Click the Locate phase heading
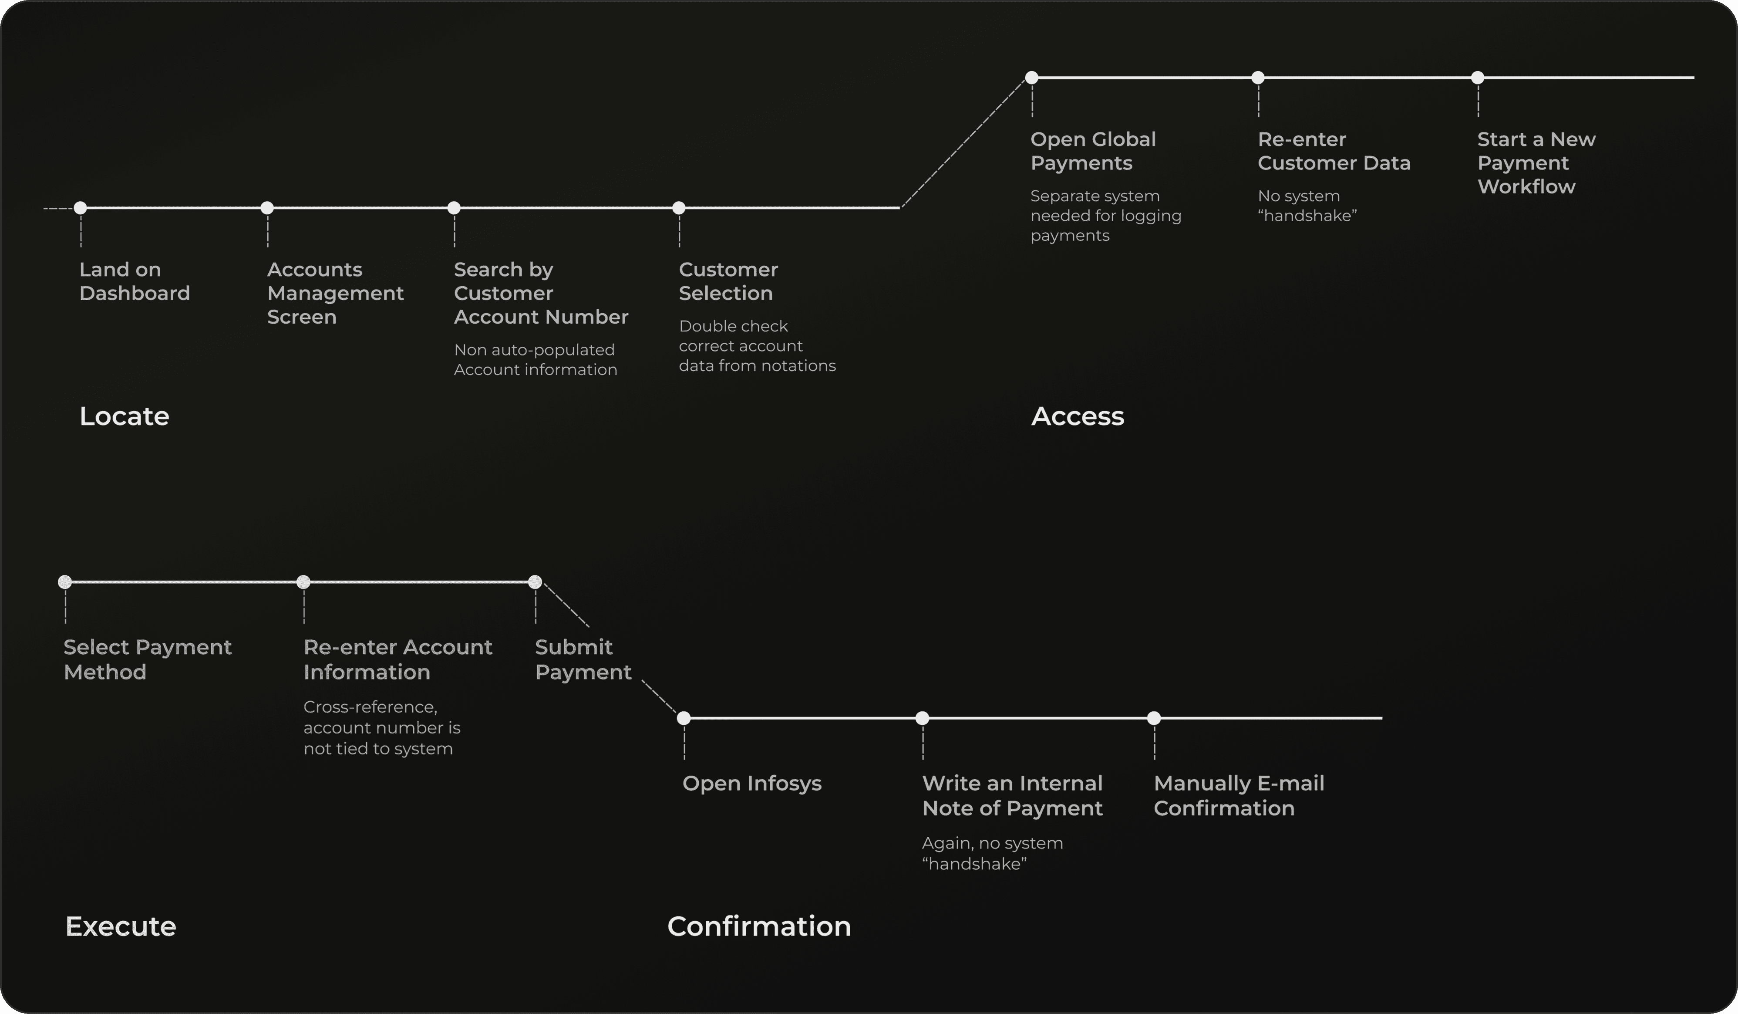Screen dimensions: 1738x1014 [x=124, y=416]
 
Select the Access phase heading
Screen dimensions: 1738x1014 [x=1077, y=416]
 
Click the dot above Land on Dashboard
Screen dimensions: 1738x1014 [x=81, y=208]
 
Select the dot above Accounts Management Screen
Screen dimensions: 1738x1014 [x=268, y=208]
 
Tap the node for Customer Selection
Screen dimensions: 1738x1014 [x=679, y=208]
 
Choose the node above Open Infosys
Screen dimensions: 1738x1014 [x=684, y=718]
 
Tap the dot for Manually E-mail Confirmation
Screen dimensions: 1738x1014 [x=1154, y=718]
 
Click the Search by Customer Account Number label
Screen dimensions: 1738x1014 [x=541, y=293]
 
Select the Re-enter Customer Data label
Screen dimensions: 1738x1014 [x=1334, y=151]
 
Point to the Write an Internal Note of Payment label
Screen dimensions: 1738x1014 [x=1012, y=795]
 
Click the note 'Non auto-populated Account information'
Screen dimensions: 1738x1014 [x=535, y=359]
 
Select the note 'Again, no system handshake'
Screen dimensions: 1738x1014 [x=993, y=853]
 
